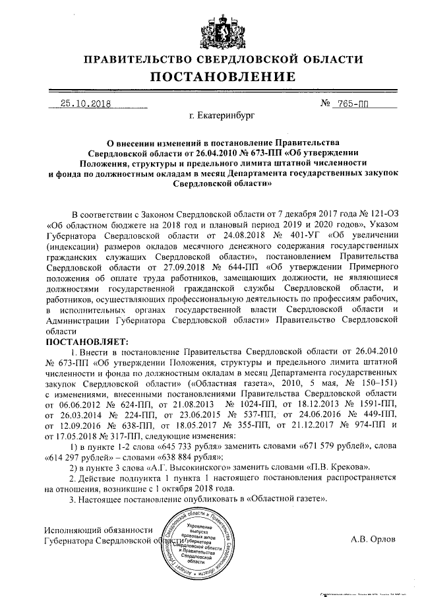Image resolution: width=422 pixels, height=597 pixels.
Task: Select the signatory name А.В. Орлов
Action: [x=374, y=538]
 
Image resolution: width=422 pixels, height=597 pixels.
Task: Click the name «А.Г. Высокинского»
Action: [x=170, y=470]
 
